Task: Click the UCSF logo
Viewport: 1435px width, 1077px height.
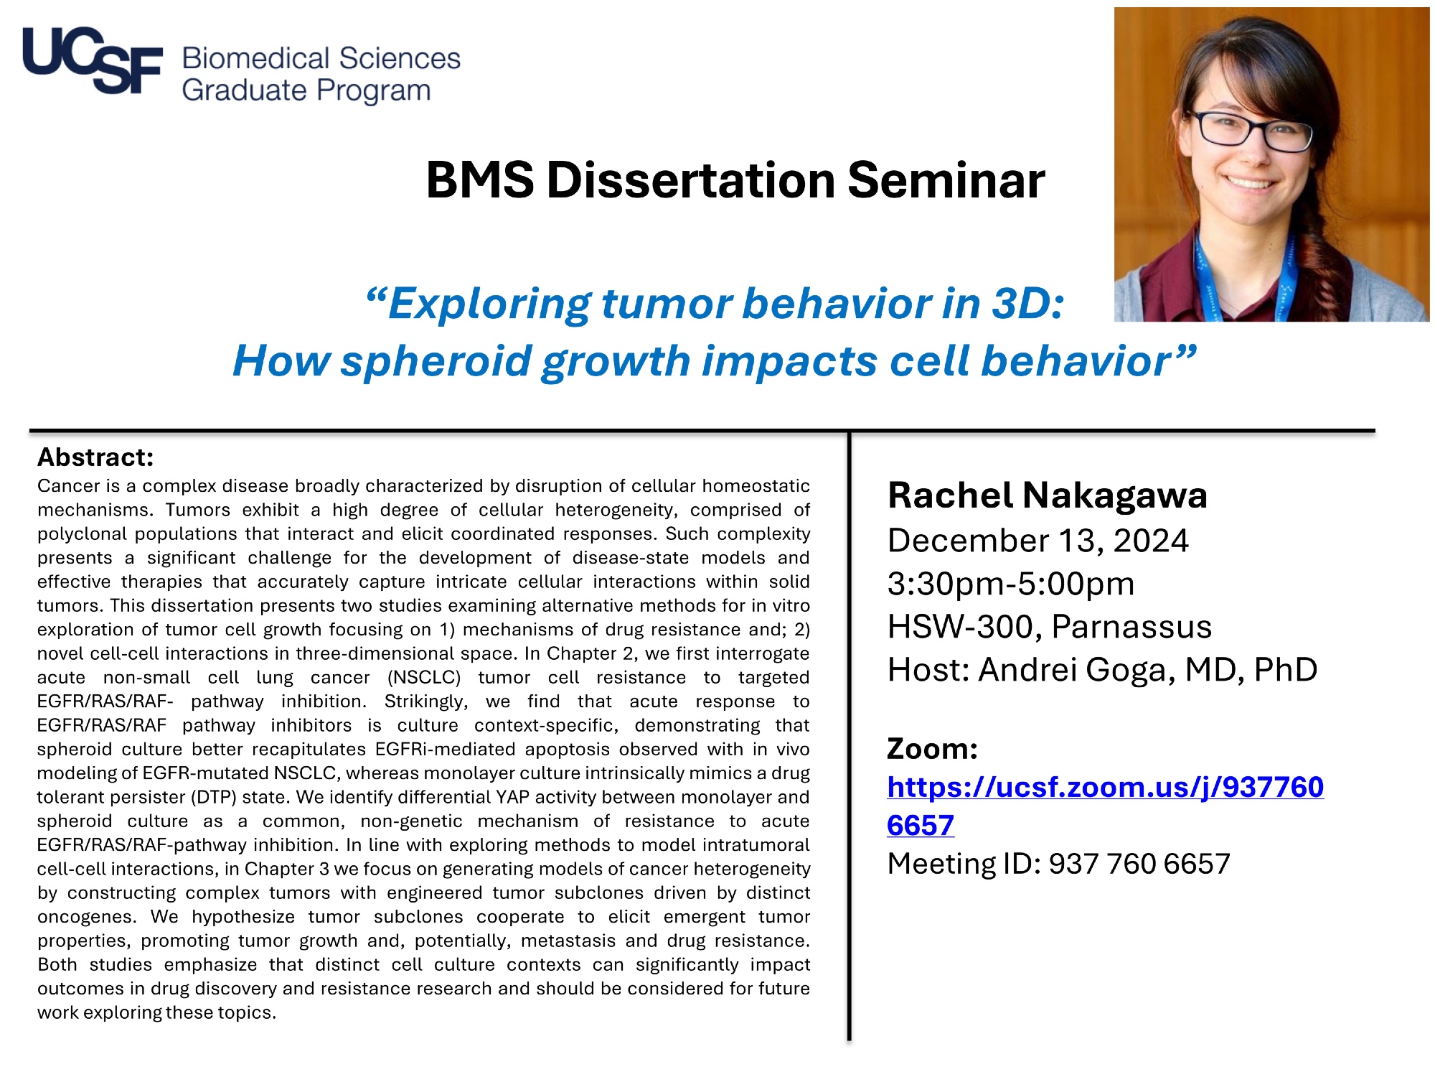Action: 93,60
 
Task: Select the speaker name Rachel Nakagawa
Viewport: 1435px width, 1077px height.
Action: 1048,495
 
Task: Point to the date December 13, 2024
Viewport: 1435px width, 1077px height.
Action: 1038,541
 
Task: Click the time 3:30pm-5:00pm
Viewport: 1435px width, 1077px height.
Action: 1011,584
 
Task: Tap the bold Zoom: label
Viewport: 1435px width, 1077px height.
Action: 933,749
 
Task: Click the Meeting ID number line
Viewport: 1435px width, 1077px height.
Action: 1059,864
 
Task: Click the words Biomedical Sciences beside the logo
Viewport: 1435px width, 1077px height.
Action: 321,58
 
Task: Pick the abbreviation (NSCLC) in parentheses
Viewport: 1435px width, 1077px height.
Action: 423,677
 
